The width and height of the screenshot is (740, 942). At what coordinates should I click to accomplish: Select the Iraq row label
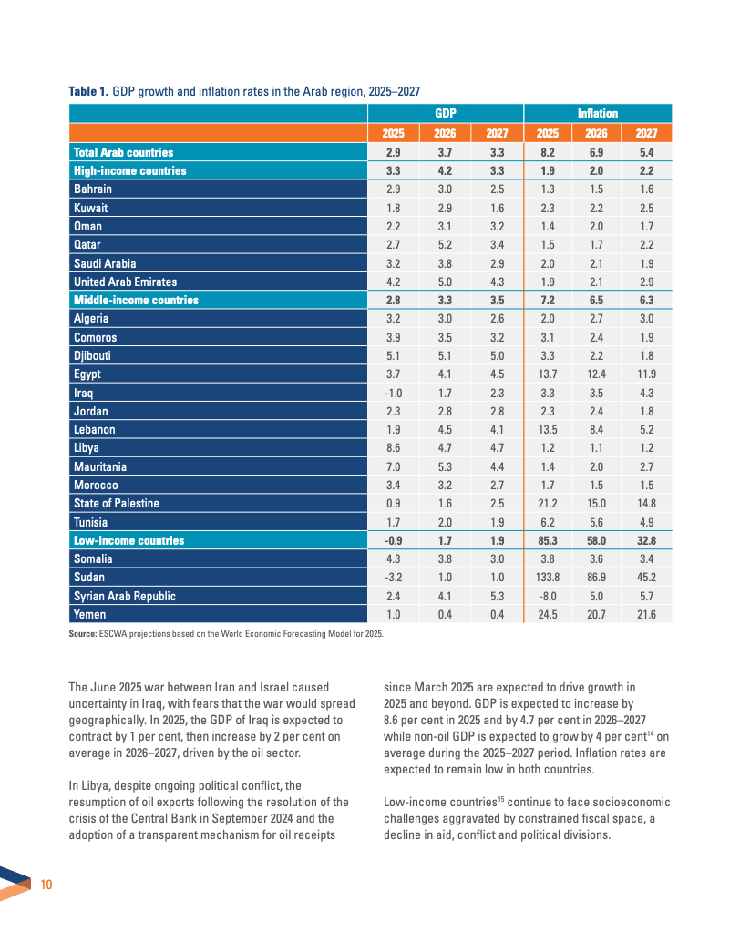click(83, 393)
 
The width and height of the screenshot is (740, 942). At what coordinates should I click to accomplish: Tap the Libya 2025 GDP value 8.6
click(394, 448)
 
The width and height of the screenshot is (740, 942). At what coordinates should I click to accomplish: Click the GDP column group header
click(446, 114)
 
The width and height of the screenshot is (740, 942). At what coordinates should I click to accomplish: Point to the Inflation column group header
click(598, 114)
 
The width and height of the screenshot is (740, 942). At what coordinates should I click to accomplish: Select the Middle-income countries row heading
click(136, 300)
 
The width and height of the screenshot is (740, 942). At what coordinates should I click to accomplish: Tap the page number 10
click(47, 885)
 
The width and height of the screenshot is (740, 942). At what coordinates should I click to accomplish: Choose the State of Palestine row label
click(116, 504)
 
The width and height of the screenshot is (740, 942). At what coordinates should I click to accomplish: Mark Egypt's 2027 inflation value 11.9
click(647, 374)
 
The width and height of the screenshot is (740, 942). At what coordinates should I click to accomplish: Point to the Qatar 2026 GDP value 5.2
click(446, 245)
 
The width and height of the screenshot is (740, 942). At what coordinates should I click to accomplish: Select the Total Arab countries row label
click(123, 152)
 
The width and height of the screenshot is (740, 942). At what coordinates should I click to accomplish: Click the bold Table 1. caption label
click(88, 92)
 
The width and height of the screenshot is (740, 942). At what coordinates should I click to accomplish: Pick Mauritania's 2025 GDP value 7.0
click(394, 466)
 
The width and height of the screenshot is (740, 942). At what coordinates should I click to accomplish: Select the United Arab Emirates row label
click(125, 282)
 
